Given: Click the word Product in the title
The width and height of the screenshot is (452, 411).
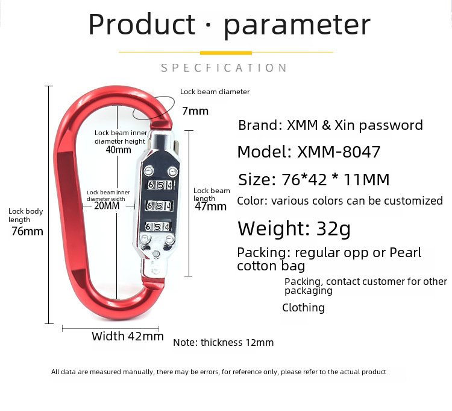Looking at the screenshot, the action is click(142, 24).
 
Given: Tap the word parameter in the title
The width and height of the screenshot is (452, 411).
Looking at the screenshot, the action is click(297, 27).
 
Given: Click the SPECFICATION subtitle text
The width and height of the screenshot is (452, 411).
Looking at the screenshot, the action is click(224, 68).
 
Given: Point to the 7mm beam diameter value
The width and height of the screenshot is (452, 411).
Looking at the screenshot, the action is click(195, 111).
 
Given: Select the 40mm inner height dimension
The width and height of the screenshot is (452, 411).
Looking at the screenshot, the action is click(118, 150).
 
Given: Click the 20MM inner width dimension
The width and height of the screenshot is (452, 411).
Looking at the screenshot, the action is click(107, 205).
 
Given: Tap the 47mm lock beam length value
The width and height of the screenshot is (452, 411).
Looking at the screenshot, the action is click(210, 206).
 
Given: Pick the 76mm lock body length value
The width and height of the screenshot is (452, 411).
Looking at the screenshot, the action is click(27, 231).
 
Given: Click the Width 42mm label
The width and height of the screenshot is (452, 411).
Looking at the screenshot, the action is click(128, 336).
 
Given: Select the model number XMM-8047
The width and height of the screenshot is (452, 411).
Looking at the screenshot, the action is click(339, 152).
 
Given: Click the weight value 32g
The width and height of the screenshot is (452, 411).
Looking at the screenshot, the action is click(333, 229).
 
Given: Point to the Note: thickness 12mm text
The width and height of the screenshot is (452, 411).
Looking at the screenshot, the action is click(224, 343).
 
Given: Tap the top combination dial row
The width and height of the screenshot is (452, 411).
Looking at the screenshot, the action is click(160, 185).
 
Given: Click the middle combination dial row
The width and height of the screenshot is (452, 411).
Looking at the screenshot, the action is click(160, 205).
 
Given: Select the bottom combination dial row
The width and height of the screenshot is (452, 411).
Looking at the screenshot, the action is click(157, 226).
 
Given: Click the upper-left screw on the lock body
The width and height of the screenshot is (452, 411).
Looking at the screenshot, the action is click(149, 171).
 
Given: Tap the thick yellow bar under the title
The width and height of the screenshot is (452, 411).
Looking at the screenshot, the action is click(226, 53).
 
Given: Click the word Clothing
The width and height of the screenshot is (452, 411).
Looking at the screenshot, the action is click(303, 308).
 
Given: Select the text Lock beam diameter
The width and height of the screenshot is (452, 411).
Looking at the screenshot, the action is click(215, 92).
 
